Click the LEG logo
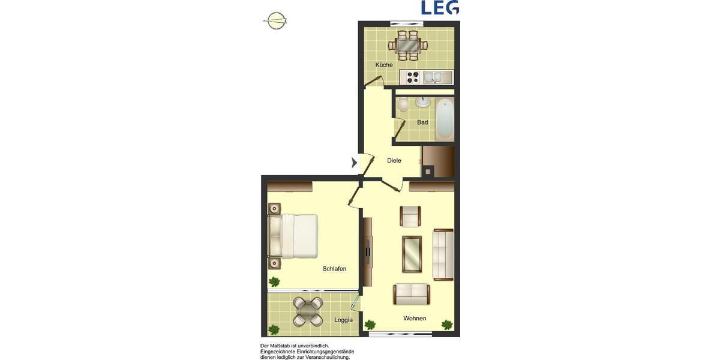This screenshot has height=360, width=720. coord(440,8)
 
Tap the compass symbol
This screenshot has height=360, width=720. coord(275,20)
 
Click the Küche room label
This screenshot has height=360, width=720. coord(384,65)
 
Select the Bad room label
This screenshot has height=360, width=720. coord(422,122)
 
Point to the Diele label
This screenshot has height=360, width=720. coord(394,161)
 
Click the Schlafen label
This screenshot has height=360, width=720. coord(334,269)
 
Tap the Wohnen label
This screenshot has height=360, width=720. coord(415,319)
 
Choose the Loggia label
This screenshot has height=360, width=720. coord(343,320)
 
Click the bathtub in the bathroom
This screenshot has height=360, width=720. coord(445,118)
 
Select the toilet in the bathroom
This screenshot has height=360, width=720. coord(404,105)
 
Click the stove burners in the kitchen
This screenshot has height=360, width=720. coord(413,77)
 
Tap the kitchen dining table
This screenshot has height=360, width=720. coord(408,44)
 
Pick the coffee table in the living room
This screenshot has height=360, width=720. coord(412,253)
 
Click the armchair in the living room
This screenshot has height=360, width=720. coord(410,216)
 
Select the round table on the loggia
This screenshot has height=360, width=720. coord(308,311)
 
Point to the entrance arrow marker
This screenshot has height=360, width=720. coord(354,162)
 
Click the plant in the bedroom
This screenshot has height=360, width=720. coord(274,281)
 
